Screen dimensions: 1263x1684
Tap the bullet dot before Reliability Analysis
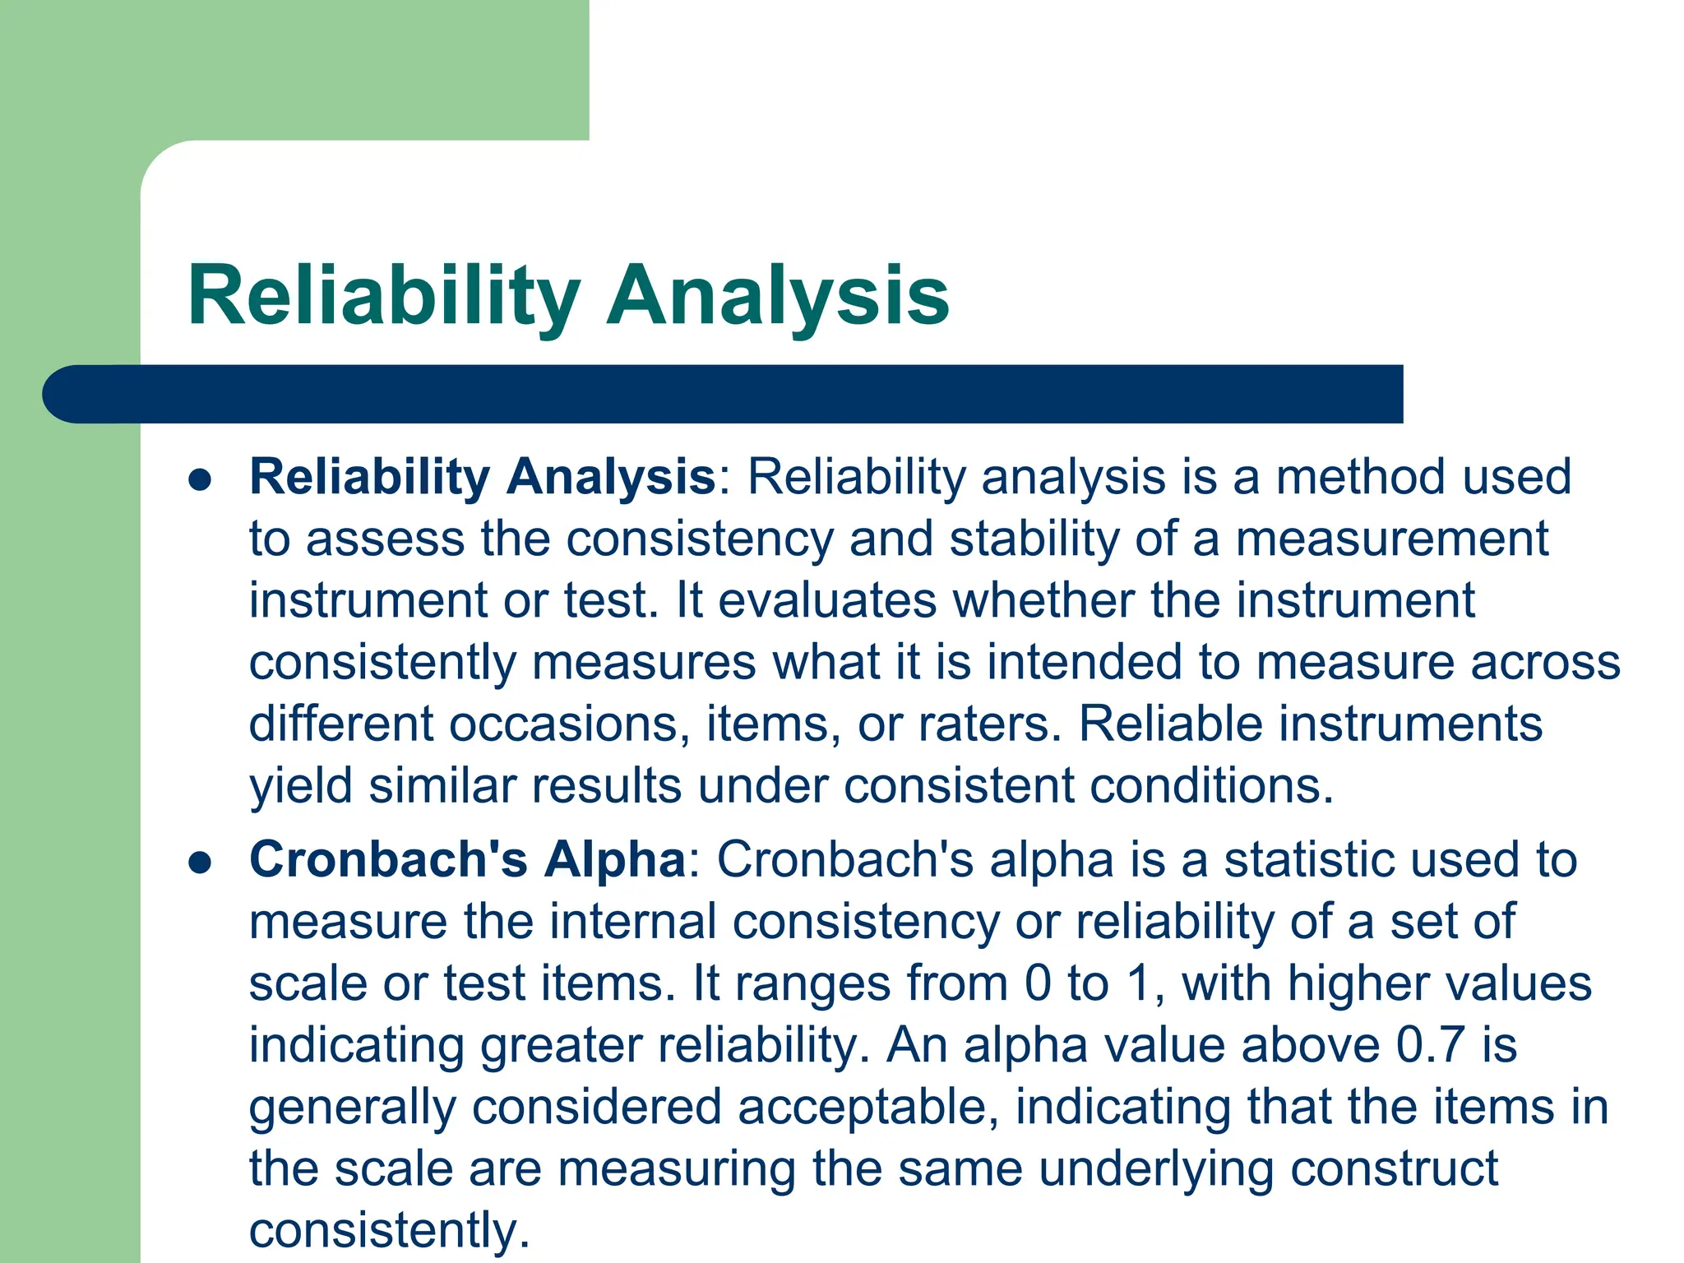click(200, 479)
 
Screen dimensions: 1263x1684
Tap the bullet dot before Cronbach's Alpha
click(200, 863)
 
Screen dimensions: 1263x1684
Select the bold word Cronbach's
click(388, 859)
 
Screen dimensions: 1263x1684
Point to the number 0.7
click(1431, 1044)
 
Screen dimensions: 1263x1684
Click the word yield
click(301, 787)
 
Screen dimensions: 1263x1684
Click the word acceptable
click(867, 1108)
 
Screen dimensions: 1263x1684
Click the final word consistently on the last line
click(389, 1231)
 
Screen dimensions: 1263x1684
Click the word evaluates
click(827, 601)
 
